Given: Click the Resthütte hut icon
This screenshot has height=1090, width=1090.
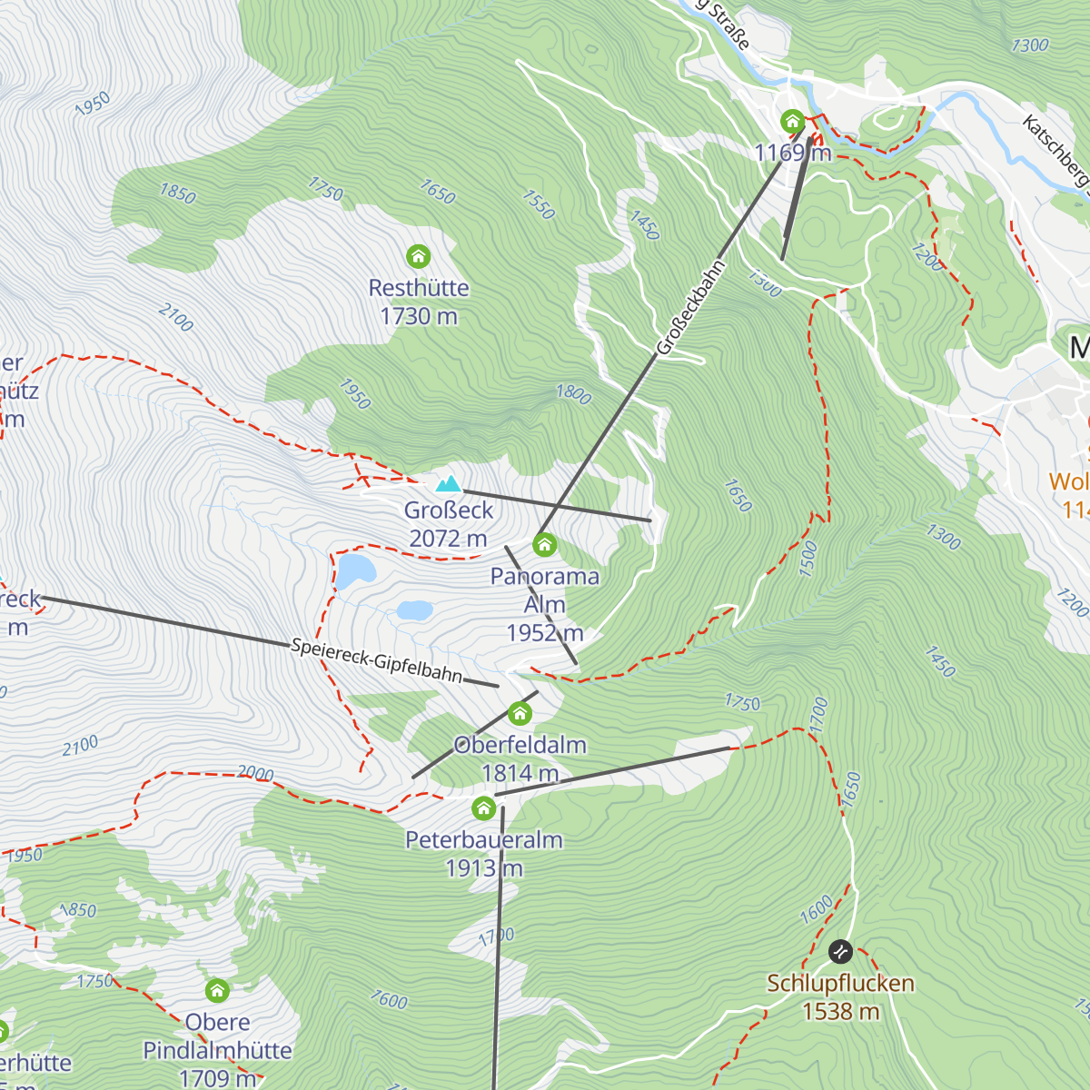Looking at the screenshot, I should pyautogui.click(x=418, y=256).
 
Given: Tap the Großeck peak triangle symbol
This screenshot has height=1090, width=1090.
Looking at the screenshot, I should pyautogui.click(x=448, y=484).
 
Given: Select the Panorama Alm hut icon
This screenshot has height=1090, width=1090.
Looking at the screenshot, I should pyautogui.click(x=545, y=544).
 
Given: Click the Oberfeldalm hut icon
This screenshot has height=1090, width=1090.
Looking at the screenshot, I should pyautogui.click(x=520, y=713).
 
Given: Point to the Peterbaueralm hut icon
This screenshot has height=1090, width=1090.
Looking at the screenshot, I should pyautogui.click(x=483, y=807).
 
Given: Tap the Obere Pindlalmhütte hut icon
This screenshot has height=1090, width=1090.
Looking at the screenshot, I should pyautogui.click(x=217, y=989).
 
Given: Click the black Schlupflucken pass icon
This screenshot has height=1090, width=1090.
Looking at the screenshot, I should pyautogui.click(x=840, y=951).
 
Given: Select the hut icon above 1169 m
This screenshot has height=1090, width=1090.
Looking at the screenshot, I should pyautogui.click(x=792, y=121).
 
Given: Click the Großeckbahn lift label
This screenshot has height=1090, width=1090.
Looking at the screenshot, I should pyautogui.click(x=691, y=308).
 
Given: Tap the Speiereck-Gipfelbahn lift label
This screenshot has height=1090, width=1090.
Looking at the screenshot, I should pyautogui.click(x=377, y=660).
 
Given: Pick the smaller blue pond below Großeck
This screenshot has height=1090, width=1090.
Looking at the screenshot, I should pyautogui.click(x=414, y=610).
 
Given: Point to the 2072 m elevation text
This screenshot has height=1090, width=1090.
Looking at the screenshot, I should pyautogui.click(x=448, y=539).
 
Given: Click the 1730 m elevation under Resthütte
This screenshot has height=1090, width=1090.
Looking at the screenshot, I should pyautogui.click(x=419, y=316).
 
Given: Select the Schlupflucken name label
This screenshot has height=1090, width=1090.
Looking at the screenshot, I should pyautogui.click(x=840, y=983).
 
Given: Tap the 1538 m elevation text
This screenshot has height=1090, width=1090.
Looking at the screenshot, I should pyautogui.click(x=840, y=1011).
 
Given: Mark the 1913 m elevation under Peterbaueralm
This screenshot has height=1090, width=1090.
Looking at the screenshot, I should pyautogui.click(x=484, y=868).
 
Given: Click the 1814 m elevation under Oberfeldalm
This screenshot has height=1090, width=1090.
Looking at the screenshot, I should pyautogui.click(x=520, y=773).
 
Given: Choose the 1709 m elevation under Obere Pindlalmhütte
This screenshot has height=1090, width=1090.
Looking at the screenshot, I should pyautogui.click(x=217, y=1078).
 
